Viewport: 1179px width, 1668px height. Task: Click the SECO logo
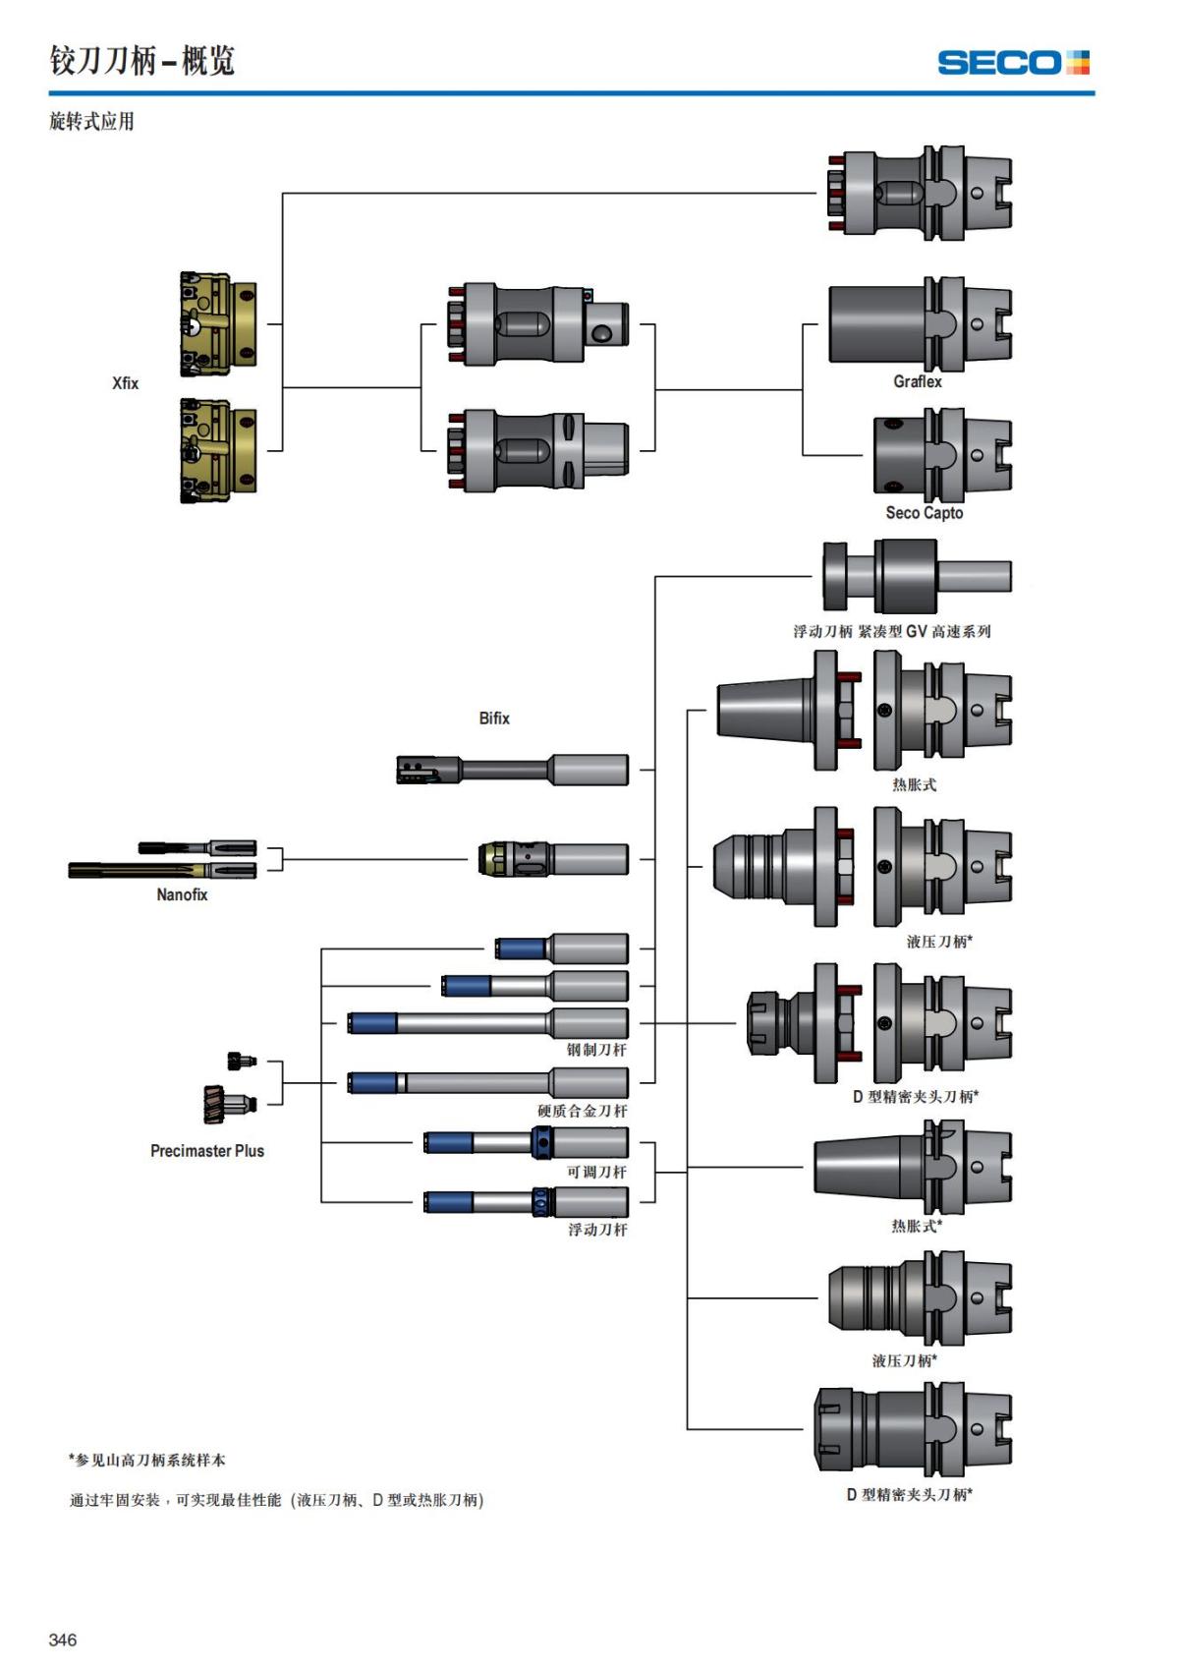[x=1013, y=63]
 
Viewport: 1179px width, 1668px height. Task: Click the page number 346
[x=62, y=1639]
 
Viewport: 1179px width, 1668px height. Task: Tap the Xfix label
[x=125, y=383]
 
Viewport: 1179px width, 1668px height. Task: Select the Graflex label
[x=917, y=381]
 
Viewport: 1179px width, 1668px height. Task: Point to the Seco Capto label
[x=924, y=513]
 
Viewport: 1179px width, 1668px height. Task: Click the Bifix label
[x=494, y=719]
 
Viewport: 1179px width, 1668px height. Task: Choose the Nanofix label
[x=182, y=894]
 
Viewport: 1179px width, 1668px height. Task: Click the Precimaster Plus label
[x=206, y=1151]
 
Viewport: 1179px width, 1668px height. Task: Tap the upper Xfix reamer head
[x=218, y=324]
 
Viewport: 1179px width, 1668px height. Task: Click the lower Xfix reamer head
[x=218, y=451]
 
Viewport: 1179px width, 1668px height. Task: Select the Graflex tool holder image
[x=920, y=324]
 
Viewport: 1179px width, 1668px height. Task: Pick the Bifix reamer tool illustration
[x=512, y=770]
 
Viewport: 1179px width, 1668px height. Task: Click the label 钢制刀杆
[x=596, y=1050]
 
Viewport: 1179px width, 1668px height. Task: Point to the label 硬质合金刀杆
[x=582, y=1111]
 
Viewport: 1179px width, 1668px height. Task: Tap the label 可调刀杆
[x=596, y=1172]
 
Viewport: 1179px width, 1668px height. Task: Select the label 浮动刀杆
[x=596, y=1230]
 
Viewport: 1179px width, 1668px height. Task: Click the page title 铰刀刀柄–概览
[x=142, y=61]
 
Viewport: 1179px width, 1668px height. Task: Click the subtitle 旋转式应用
[x=91, y=122]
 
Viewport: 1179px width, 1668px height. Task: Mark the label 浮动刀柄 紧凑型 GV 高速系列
[x=891, y=631]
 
